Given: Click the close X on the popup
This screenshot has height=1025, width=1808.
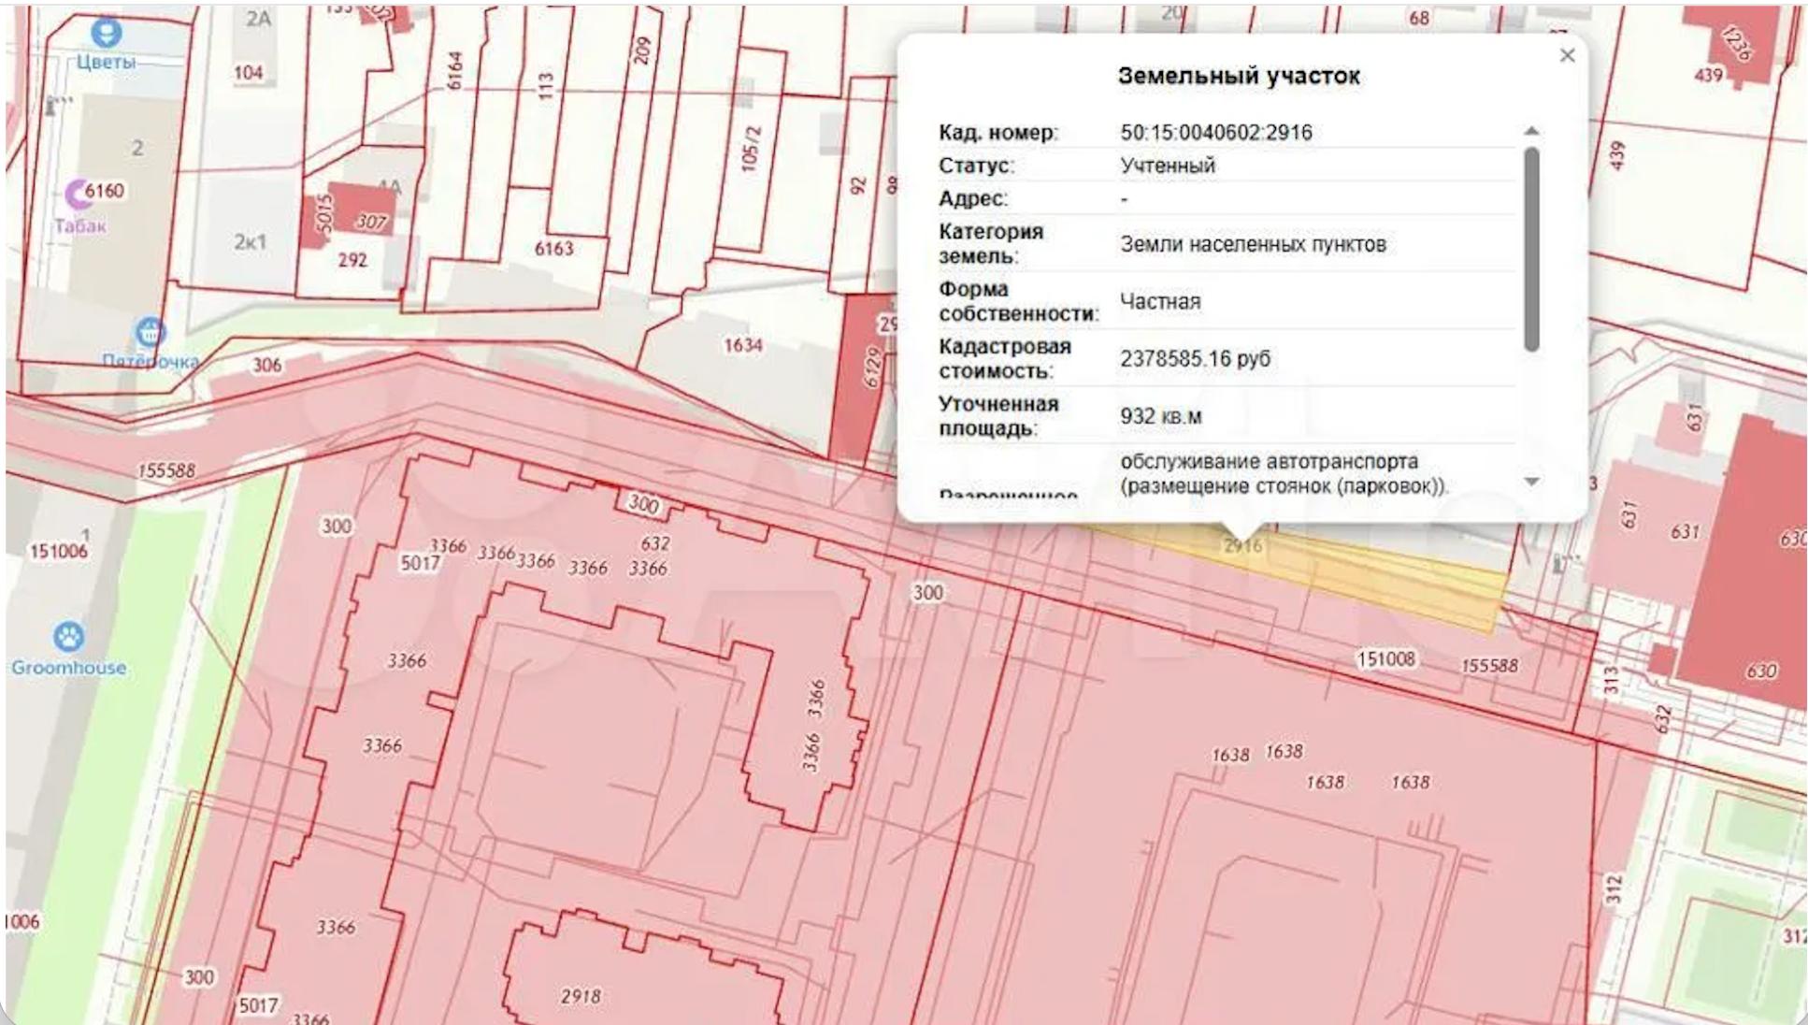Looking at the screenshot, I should [1567, 56].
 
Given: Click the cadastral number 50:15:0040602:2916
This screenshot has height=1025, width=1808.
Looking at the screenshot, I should [1215, 133].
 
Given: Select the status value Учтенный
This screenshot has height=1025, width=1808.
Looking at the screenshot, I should [1168, 166].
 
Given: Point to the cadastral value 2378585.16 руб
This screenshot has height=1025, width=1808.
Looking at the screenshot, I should [1195, 359].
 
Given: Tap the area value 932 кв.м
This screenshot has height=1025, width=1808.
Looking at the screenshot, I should [1160, 416].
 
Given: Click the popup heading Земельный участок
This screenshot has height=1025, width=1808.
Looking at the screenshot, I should [1238, 76].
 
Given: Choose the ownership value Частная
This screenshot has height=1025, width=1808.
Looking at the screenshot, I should [1159, 301].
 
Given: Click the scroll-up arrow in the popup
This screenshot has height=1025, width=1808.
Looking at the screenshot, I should [1531, 131].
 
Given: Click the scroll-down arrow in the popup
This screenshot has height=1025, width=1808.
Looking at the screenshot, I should [1531, 482].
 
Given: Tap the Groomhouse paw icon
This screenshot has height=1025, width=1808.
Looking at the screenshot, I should [68, 638].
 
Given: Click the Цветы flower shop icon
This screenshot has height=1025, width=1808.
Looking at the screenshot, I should [106, 33].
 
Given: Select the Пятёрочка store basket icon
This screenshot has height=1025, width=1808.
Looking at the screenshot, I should [151, 332].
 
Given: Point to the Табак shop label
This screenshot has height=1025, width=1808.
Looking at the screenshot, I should [80, 225].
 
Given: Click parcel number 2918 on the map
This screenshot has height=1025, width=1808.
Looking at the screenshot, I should [580, 996].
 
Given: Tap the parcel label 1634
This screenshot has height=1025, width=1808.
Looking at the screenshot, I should [742, 346].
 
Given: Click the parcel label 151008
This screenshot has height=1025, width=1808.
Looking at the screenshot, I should [1385, 659].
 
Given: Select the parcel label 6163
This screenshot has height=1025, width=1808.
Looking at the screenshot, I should [553, 249].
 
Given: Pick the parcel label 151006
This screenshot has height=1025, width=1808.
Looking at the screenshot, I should [58, 552].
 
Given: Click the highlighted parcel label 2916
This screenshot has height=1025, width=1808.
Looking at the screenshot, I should [1242, 545].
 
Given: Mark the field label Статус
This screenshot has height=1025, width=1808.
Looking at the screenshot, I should [975, 166].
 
